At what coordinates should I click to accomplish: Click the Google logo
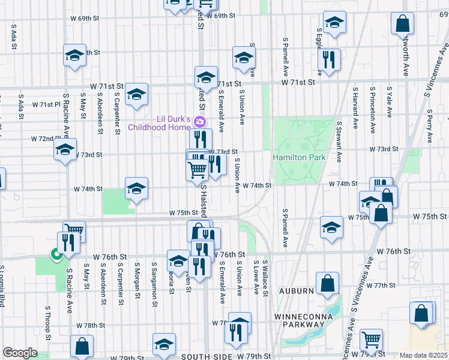[x=20, y=352]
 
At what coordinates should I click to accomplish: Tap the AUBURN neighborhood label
[x=295, y=291]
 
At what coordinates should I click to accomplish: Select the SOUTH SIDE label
[x=206, y=356]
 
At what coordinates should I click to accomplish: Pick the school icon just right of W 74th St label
[x=136, y=189]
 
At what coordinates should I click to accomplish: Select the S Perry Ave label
[x=430, y=121]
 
